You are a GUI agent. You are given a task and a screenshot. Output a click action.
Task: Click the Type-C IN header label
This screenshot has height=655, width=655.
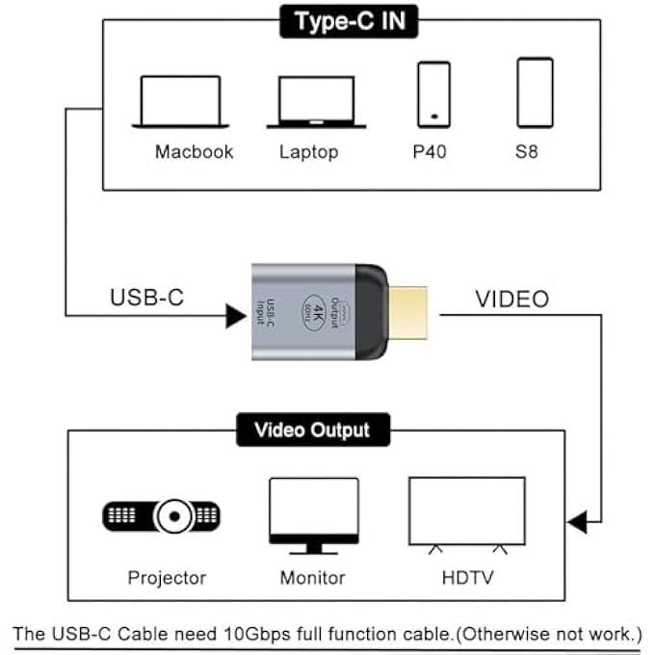[x=349, y=22]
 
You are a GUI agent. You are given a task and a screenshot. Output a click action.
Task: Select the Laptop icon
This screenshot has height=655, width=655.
[x=309, y=101]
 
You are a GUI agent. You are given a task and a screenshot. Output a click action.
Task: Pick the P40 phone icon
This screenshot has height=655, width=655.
[x=433, y=93]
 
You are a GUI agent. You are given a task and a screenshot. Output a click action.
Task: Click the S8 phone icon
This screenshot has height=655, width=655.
[x=535, y=92]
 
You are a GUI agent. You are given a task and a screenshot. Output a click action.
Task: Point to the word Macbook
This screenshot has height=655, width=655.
[x=194, y=152]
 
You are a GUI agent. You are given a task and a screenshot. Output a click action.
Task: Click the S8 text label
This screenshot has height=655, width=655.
[x=526, y=152]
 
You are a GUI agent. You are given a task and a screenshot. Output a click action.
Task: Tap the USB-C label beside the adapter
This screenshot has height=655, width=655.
[x=145, y=299]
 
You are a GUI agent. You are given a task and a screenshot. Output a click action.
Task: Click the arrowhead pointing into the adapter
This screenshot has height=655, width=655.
[x=236, y=315]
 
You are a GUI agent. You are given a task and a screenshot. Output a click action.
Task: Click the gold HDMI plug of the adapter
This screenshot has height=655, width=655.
[x=409, y=310]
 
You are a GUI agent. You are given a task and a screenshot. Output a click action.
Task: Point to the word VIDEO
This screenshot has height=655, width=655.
[x=511, y=299]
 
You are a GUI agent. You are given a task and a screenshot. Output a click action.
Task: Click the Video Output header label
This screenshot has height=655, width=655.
[x=314, y=429]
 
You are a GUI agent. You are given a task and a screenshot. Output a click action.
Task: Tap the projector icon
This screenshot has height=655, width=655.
[x=162, y=516]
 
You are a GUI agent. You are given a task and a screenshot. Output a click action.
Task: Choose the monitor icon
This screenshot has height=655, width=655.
[x=313, y=515]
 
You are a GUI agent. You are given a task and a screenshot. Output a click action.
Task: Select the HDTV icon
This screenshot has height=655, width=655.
[x=466, y=514]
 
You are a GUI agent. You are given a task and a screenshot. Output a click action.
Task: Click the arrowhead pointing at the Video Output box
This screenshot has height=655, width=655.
[x=577, y=523]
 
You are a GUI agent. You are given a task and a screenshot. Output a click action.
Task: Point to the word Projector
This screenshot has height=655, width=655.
[x=167, y=578]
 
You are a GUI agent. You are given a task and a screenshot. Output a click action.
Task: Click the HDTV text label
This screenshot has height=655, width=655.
[x=466, y=578]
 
